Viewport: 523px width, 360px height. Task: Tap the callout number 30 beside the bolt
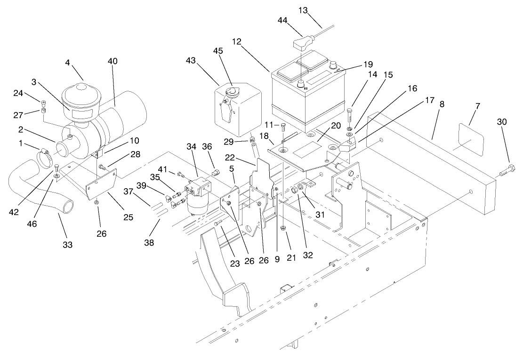coord(502,121)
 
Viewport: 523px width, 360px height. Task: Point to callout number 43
coord(191,61)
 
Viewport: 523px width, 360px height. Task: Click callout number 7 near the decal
coord(477,106)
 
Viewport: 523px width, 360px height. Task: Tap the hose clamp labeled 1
coord(46,156)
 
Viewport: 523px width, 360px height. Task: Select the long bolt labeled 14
coord(350,116)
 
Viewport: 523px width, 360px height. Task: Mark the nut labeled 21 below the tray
coord(284,229)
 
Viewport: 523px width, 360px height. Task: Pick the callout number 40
coord(113,61)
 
